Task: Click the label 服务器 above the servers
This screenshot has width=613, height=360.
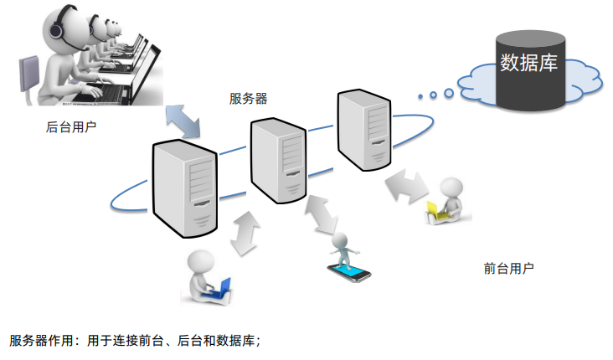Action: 249,99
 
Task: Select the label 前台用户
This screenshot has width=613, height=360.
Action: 508,269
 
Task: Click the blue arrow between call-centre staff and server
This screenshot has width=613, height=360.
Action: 183,118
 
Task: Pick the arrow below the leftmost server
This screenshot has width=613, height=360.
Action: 245,232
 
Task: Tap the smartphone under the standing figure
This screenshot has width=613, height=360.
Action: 348,272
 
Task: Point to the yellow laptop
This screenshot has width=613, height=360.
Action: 435,209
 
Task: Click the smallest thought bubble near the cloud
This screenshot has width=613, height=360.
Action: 420,95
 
